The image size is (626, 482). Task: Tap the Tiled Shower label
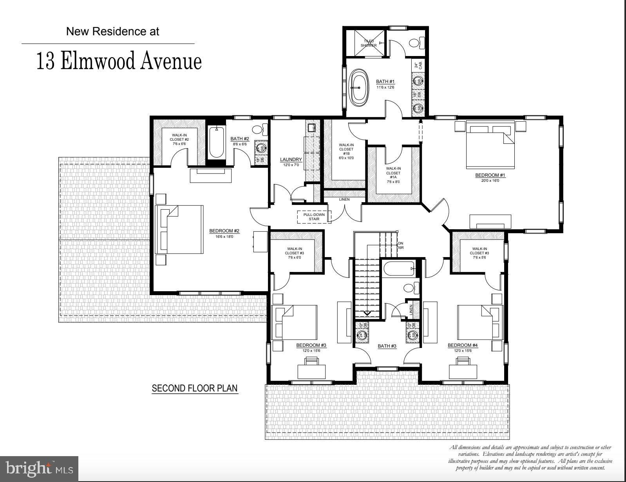pos(369,43)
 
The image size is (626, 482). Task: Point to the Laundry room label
pos(291,159)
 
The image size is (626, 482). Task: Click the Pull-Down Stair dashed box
pos(314,217)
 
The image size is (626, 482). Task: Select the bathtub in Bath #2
pos(216,143)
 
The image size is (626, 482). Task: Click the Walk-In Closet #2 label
pos(179,140)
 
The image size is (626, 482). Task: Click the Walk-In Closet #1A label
pos(393,173)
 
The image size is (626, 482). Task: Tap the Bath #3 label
pos(387,346)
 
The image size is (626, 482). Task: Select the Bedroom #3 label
pos(311,345)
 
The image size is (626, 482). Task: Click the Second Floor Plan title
pos(195,388)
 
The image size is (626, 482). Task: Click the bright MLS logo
pos(39,468)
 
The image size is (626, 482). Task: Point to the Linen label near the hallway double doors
pos(344,199)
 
